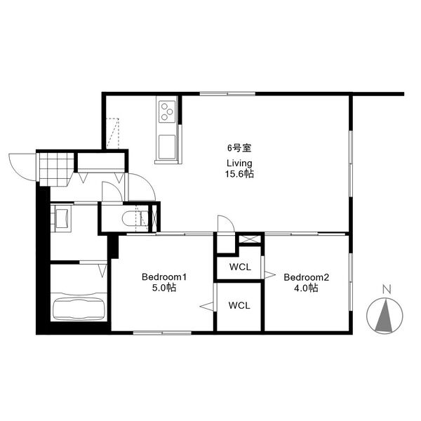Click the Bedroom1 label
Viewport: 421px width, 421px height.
pos(163,277)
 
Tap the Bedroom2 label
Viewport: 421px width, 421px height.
pos(306,277)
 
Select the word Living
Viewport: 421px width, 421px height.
pos(239,163)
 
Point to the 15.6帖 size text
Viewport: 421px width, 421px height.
pos(239,174)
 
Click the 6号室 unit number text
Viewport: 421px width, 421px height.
pos(239,147)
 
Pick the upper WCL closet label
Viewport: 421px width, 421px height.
pos(240,267)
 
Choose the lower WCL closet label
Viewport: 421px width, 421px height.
pos(239,305)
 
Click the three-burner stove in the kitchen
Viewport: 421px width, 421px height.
pos(167,112)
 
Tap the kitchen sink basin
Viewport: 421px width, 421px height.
pos(167,147)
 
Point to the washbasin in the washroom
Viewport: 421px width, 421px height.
pos(62,218)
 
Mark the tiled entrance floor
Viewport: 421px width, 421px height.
pos(56,169)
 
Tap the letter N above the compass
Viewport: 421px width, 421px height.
pos(387,289)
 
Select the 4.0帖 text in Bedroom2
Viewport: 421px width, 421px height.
pos(306,288)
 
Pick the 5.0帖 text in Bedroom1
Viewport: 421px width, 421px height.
pos(164,288)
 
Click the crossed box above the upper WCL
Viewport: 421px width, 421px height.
pos(250,239)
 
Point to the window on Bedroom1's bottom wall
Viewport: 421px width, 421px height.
pos(162,333)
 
